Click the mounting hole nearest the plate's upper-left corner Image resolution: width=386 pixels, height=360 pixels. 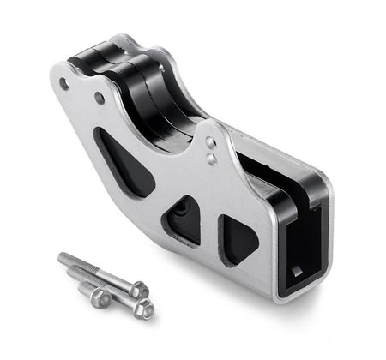[65, 84]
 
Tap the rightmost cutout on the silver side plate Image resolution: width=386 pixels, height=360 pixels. [237, 237]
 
